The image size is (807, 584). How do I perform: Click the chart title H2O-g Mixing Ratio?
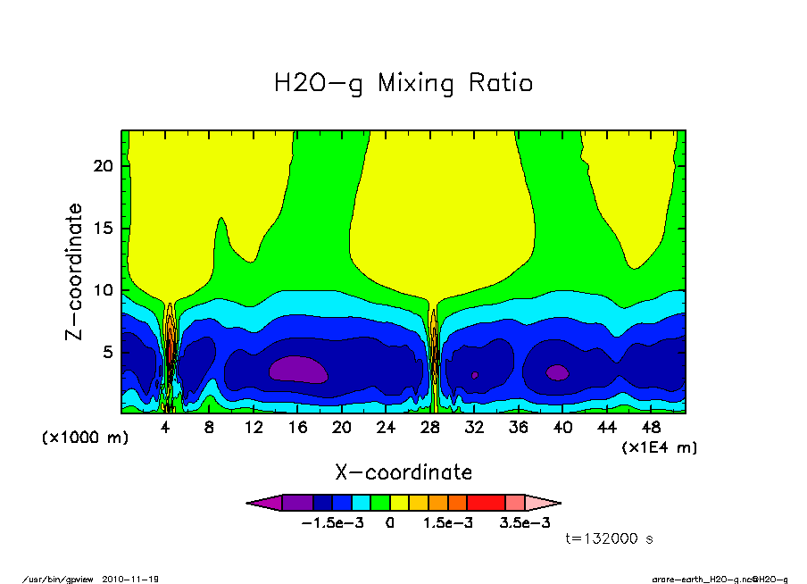point(403,84)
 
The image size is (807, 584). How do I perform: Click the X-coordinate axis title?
point(403,472)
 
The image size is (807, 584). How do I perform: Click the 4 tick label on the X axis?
point(165,428)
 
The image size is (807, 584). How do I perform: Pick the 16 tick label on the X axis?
point(297,428)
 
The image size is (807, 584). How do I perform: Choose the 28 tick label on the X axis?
point(430,428)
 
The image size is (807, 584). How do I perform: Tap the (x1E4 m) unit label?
point(659,447)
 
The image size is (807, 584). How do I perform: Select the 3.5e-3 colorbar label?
point(524,523)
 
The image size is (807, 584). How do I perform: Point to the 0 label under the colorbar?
point(390,523)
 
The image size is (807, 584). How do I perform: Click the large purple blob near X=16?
point(298,369)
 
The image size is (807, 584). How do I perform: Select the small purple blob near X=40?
point(557,372)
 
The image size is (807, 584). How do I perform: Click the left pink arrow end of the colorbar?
point(263,503)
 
